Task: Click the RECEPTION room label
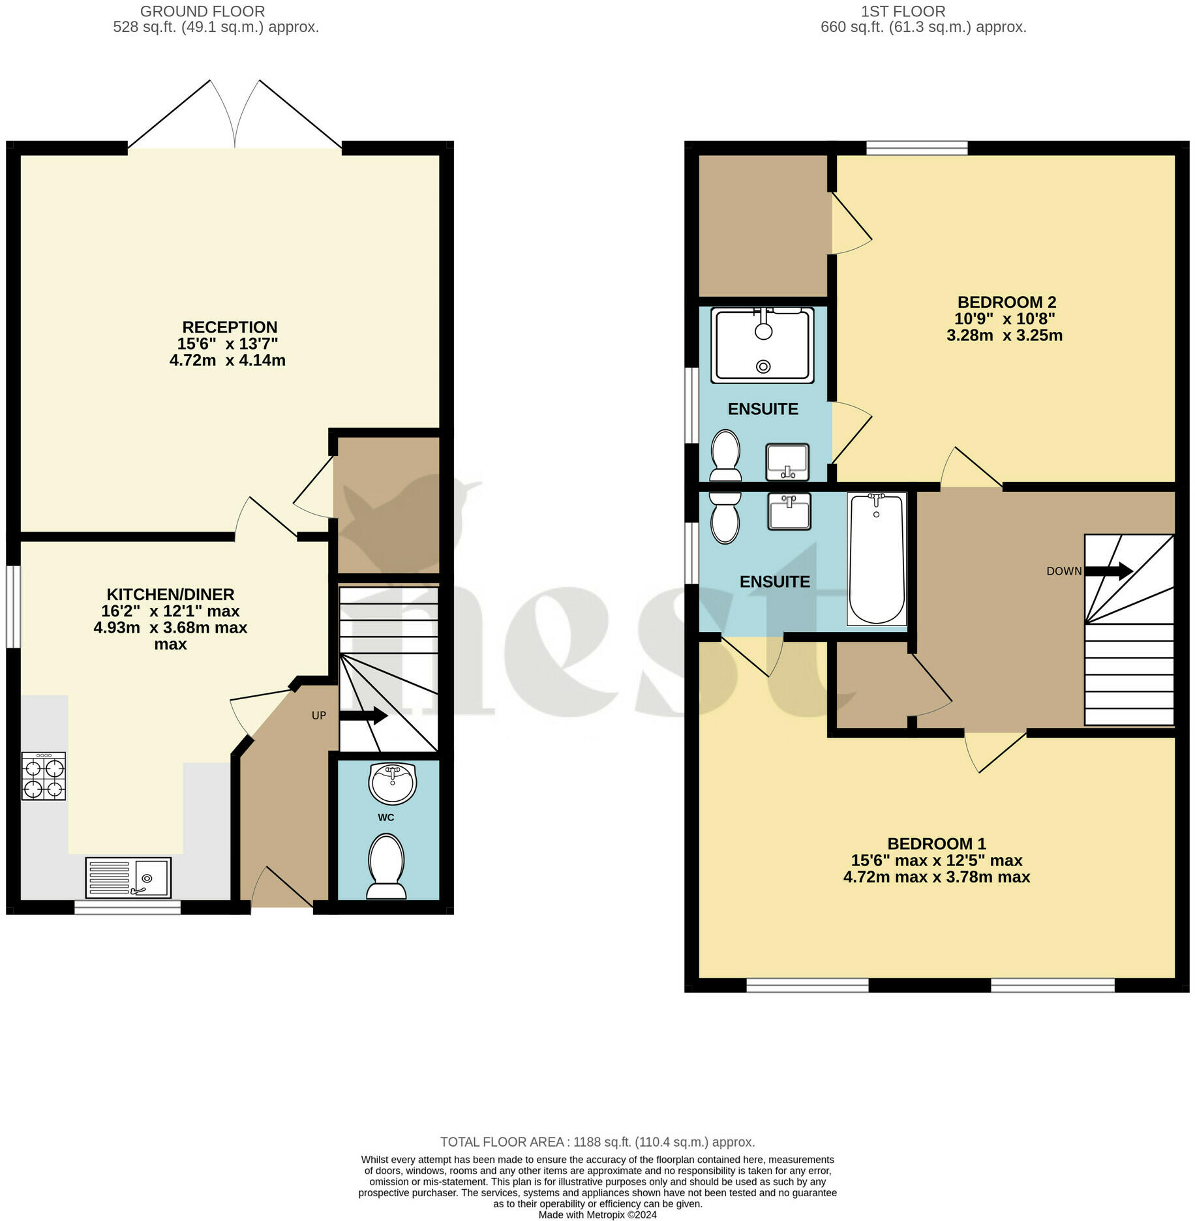[x=230, y=327]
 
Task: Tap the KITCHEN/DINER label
[x=170, y=594]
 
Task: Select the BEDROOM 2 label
[x=1006, y=302]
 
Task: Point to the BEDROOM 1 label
[x=937, y=843]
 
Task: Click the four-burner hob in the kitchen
[x=44, y=776]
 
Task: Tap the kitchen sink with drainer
[x=129, y=877]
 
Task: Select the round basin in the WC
[x=392, y=783]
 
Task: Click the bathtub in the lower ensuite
[x=877, y=559]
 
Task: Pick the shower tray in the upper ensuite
[x=763, y=345]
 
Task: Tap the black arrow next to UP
[x=363, y=716]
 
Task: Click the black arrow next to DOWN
[x=1108, y=571]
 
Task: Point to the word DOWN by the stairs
[x=1064, y=571]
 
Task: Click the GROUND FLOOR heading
[x=203, y=12]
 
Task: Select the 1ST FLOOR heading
[x=903, y=12]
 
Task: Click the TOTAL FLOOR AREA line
[x=597, y=1142]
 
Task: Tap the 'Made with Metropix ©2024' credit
[x=597, y=1214]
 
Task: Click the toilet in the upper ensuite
[x=725, y=455]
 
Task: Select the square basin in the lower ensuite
[x=789, y=511]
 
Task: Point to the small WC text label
[x=386, y=818]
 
